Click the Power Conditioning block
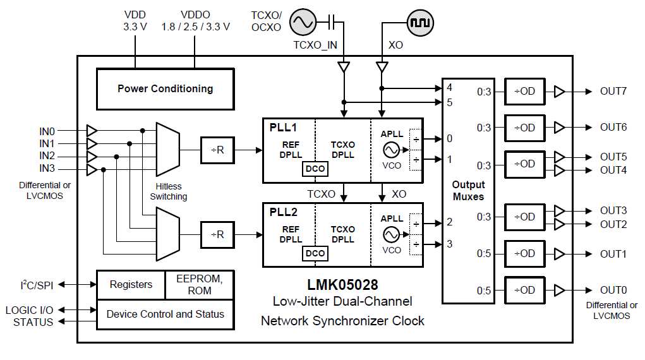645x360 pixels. coord(165,89)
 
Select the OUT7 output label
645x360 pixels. coord(613,91)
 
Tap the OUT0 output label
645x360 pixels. coord(613,290)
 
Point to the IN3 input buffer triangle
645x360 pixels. coord(92,169)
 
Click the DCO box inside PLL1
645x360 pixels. coord(315,169)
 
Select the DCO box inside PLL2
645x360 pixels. coord(315,253)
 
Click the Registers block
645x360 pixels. coord(131,285)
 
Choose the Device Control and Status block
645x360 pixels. coord(165,314)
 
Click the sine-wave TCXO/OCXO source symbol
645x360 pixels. coord(302,23)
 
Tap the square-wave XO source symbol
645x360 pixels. coord(420,23)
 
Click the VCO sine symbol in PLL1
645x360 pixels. coord(392,150)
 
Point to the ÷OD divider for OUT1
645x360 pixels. coord(524,253)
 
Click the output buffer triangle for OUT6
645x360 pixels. coord(559,128)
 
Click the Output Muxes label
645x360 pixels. coord(468,191)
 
